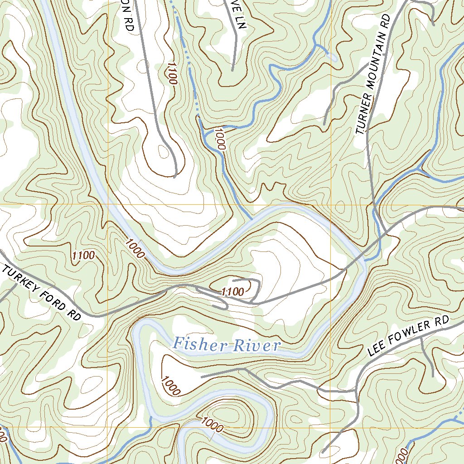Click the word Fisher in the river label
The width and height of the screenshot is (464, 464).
click(199, 344)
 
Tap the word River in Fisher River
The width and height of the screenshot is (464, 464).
click(256, 346)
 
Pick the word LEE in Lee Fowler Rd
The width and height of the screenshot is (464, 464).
click(377, 348)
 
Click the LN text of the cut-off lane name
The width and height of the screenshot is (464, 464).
click(240, 21)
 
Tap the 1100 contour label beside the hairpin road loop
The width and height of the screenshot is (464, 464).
click(233, 292)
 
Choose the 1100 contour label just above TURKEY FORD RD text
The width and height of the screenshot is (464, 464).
click(83, 256)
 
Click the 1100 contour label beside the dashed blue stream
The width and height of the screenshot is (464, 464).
click(171, 73)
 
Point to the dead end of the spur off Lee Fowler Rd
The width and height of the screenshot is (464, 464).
click(433, 376)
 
